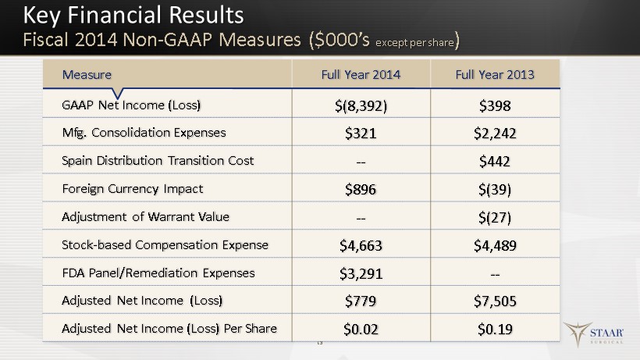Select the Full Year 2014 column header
(x=361, y=75)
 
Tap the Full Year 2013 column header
(x=495, y=75)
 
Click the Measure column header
(x=87, y=75)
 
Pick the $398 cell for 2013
(x=495, y=105)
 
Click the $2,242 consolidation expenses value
(x=495, y=134)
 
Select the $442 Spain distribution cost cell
(x=495, y=161)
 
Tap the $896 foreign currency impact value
(x=361, y=190)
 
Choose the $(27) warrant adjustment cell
(x=495, y=218)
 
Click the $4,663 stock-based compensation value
(x=361, y=246)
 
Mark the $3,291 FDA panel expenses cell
(x=361, y=273)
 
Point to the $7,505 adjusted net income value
(x=495, y=301)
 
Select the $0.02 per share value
(x=361, y=330)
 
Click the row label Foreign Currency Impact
(x=132, y=189)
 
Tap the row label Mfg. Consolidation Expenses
(x=144, y=133)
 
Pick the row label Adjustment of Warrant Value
(x=145, y=217)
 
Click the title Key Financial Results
(x=133, y=16)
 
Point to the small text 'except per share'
(x=414, y=43)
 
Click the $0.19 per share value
(x=495, y=330)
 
